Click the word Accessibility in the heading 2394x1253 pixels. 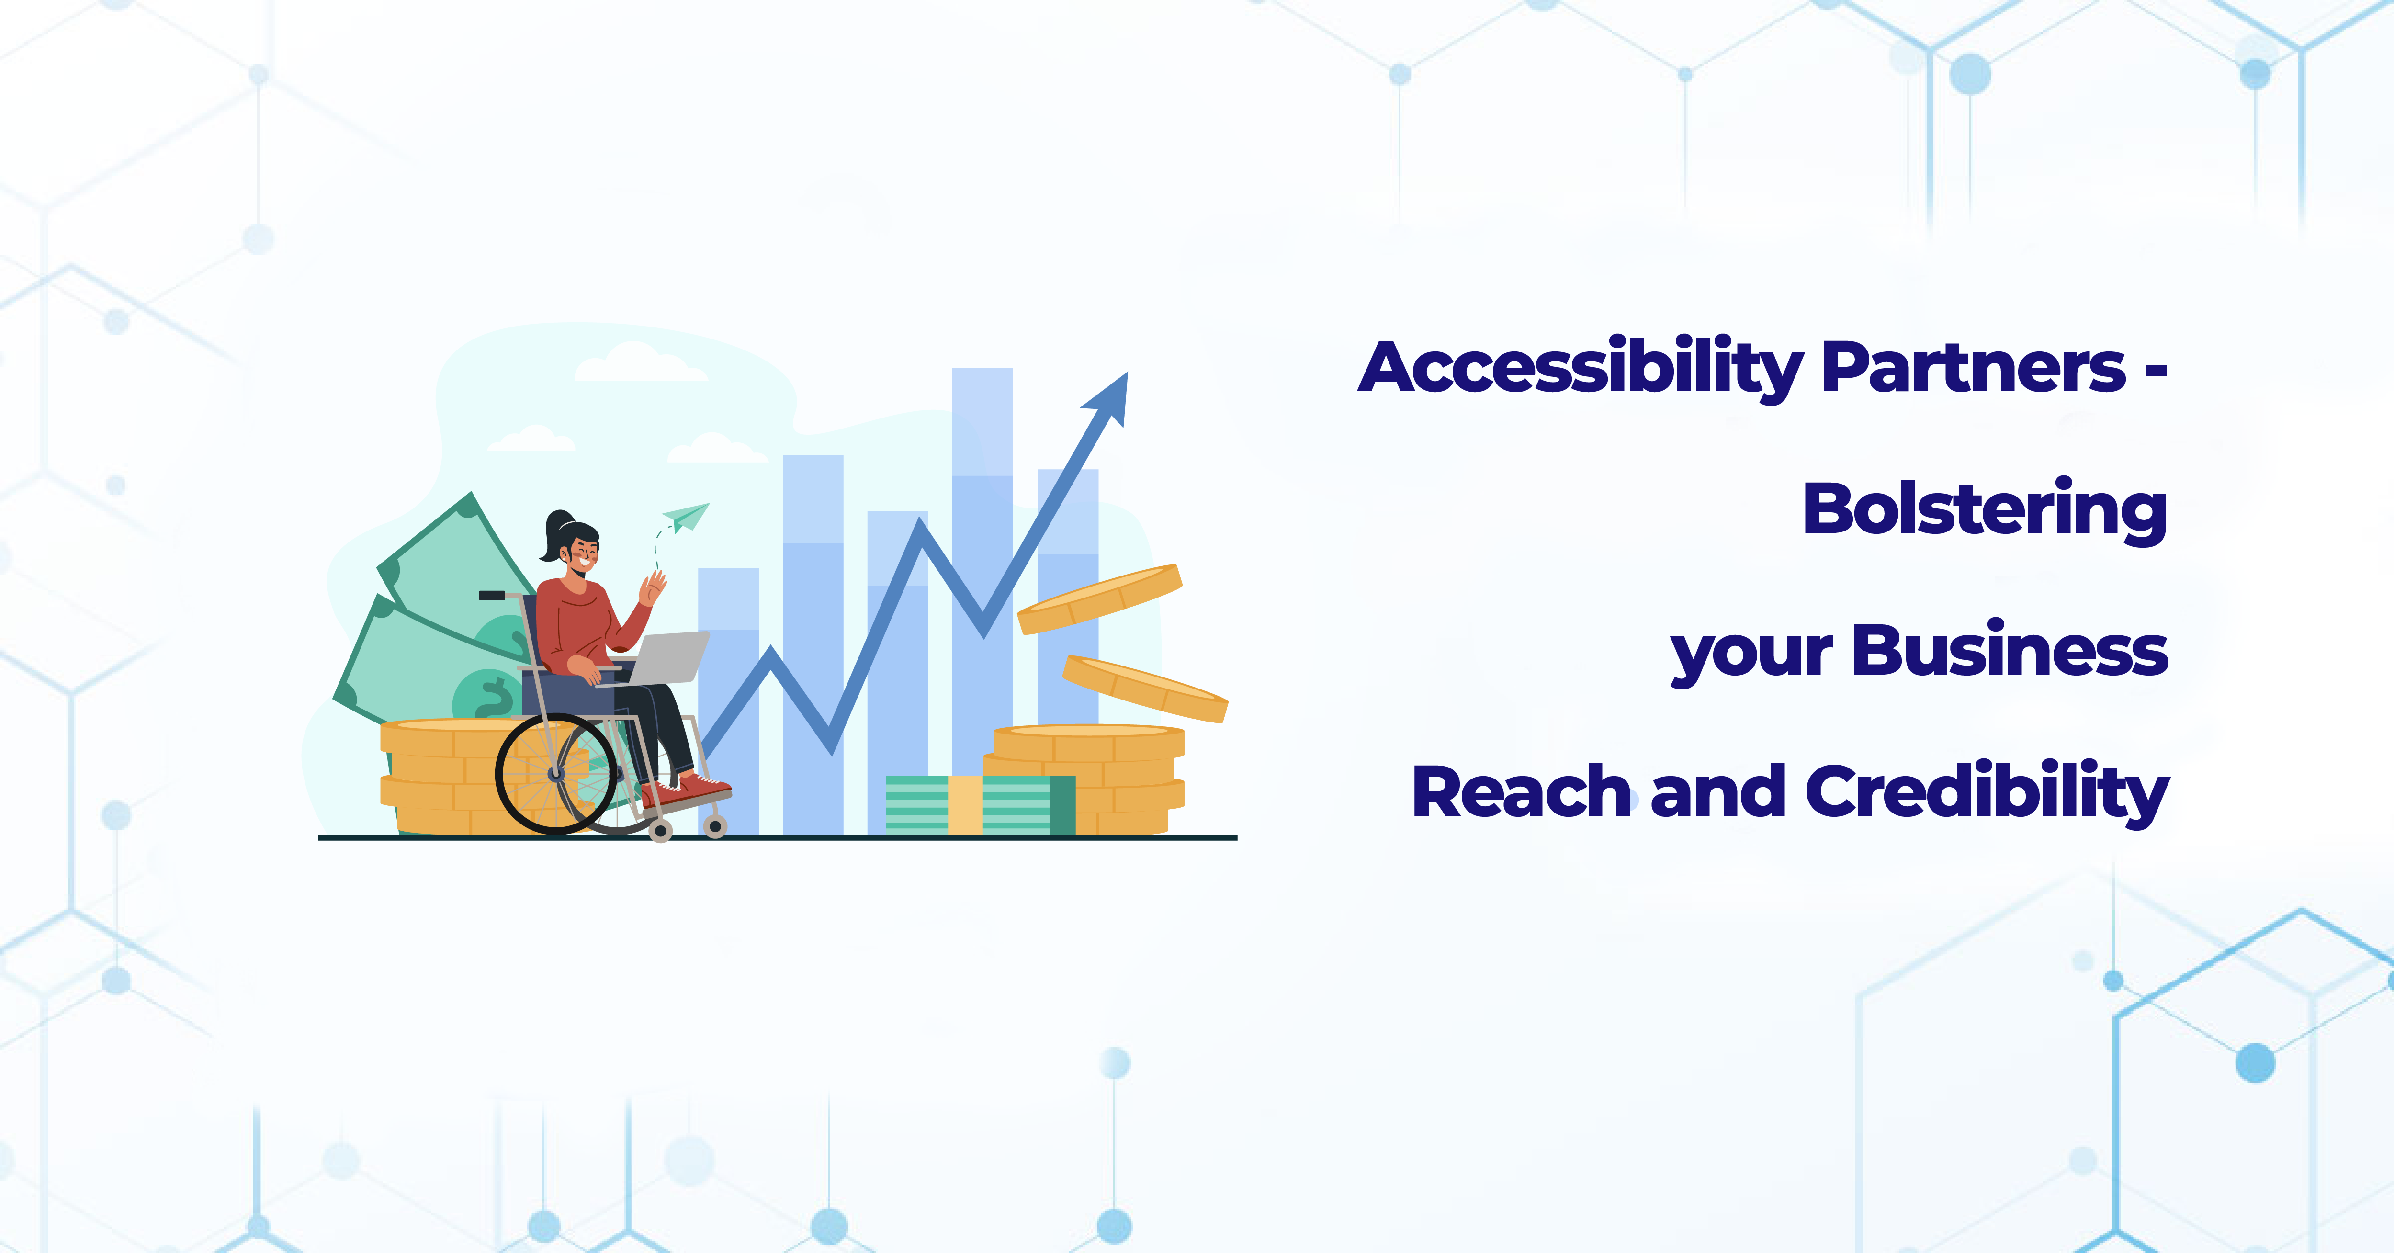coord(1580,369)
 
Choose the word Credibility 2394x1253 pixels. coord(1987,793)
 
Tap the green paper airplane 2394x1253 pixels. coord(686,517)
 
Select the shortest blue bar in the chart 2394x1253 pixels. coord(728,702)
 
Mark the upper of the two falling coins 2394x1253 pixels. coord(1099,599)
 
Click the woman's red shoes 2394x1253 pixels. coord(685,790)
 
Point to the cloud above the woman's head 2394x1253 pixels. coord(639,362)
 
